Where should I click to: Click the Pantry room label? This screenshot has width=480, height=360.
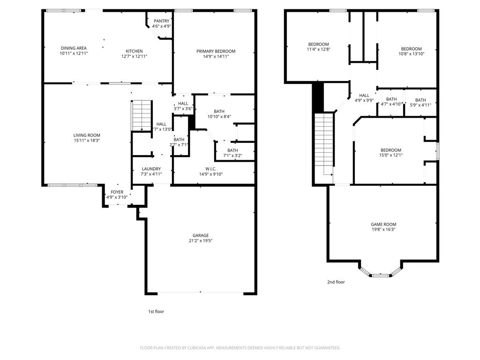tap(161, 21)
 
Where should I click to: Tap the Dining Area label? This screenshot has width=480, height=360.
tap(74, 48)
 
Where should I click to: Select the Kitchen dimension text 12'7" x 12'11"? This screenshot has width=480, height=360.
tap(134, 56)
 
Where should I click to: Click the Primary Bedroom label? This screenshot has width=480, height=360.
tap(216, 51)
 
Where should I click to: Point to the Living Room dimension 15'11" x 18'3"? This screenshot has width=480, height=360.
tap(87, 140)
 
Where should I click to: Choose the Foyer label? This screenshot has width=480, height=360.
tap(117, 192)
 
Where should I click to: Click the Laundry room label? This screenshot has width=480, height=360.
tap(151, 169)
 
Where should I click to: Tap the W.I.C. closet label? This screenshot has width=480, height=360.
tap(210, 169)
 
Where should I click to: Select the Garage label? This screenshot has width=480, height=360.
tap(201, 235)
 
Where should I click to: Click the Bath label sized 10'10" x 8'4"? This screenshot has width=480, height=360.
tap(219, 111)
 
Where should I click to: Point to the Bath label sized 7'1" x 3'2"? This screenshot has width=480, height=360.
tap(232, 150)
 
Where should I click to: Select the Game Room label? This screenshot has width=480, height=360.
tap(383, 225)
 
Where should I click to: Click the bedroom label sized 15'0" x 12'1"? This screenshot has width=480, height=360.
tap(390, 150)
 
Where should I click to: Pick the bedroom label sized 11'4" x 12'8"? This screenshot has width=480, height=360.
tap(318, 44)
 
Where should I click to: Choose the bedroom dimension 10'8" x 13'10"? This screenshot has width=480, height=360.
tap(411, 54)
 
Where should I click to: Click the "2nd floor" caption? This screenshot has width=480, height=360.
tap(336, 282)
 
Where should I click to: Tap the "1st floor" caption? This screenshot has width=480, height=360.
tap(156, 311)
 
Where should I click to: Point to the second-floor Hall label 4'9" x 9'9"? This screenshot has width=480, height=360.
tap(364, 95)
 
